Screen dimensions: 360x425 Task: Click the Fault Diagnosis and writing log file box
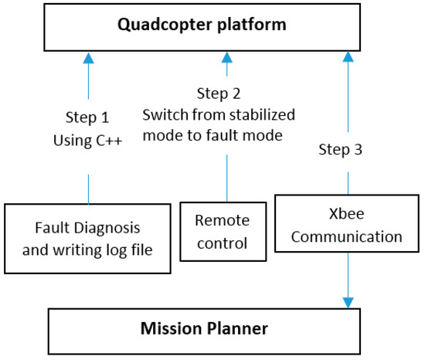pyautogui.click(x=87, y=238)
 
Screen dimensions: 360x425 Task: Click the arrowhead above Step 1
pyautogui.click(x=89, y=57)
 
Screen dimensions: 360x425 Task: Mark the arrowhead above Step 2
pyautogui.click(x=226, y=57)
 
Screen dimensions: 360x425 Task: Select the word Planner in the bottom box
pyautogui.click(x=241, y=329)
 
